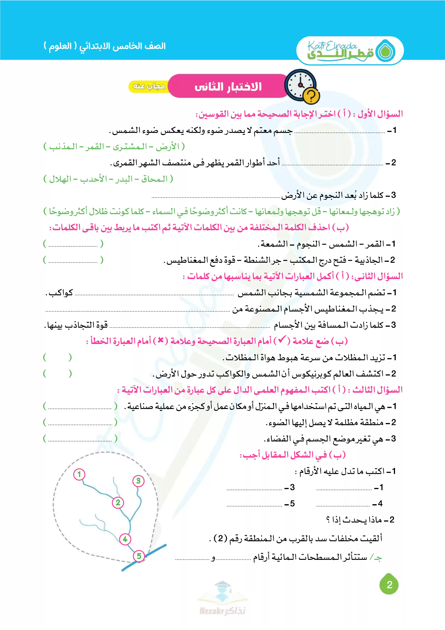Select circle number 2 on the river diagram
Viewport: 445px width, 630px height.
click(118, 503)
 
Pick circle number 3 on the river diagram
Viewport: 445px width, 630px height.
click(138, 481)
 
